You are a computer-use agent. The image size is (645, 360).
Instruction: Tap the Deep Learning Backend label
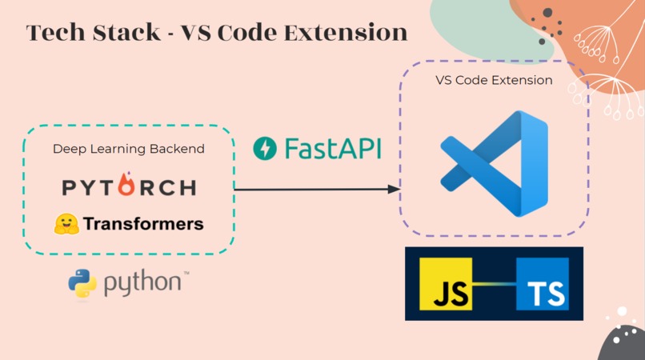click(x=128, y=148)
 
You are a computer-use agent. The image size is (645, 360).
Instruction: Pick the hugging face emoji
click(x=66, y=224)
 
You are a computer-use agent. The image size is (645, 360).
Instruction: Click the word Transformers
click(x=143, y=224)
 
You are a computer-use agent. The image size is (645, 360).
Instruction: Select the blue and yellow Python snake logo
click(x=82, y=283)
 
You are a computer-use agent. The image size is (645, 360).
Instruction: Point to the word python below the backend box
click(x=141, y=285)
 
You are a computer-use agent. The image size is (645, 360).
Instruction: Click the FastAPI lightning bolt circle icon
click(x=265, y=149)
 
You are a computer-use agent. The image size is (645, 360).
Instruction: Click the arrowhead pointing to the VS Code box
click(x=393, y=190)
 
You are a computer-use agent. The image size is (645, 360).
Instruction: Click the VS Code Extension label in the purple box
click(x=494, y=80)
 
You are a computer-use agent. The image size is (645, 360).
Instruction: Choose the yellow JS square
click(x=446, y=284)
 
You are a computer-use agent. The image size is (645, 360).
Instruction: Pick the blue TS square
click(x=542, y=284)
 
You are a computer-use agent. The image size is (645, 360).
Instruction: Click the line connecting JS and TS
click(x=494, y=282)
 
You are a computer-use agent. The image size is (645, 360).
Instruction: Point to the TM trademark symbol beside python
click(x=186, y=274)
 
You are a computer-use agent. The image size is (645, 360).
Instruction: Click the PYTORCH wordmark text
click(x=128, y=187)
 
